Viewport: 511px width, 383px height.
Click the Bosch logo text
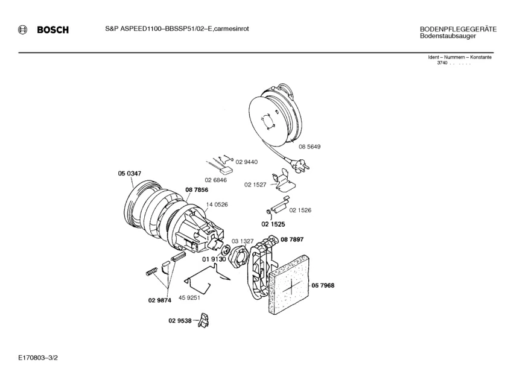(53, 30)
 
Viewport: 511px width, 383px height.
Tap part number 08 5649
(309, 147)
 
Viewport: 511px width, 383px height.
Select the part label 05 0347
(129, 174)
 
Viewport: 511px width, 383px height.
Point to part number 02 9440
(246, 162)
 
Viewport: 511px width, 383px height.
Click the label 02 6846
(216, 180)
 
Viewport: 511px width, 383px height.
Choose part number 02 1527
(255, 185)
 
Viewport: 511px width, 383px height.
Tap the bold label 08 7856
(197, 190)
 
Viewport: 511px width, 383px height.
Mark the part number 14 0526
(217, 204)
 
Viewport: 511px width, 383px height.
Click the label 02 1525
(273, 224)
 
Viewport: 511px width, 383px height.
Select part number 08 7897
(292, 239)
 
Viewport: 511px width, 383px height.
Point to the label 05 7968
(323, 286)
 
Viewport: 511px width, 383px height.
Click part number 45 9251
(189, 297)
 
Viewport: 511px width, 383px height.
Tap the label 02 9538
(180, 321)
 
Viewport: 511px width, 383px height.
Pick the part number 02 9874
(160, 300)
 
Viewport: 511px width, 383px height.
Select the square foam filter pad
(288, 285)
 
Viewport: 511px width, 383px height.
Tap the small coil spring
(152, 271)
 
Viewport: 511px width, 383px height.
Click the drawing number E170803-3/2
(38, 358)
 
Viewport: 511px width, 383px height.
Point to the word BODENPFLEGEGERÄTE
(458, 30)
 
